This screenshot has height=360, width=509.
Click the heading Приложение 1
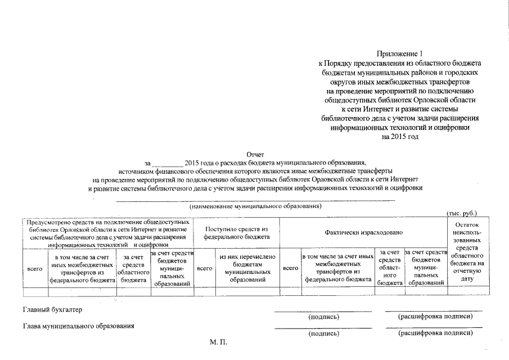(x=400, y=54)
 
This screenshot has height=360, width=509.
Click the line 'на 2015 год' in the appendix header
(x=400, y=137)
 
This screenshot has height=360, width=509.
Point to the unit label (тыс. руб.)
(x=462, y=214)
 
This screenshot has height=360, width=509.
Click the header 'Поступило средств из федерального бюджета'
(x=237, y=233)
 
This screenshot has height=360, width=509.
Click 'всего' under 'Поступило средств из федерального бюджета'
(x=205, y=269)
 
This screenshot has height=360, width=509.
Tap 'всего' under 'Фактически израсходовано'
(x=290, y=269)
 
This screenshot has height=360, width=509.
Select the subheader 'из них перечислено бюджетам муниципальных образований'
(x=247, y=268)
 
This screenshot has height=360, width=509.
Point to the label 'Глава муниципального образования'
(x=78, y=326)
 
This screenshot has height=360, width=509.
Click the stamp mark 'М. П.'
(x=217, y=342)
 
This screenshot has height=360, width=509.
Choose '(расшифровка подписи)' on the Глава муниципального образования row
(x=435, y=334)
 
